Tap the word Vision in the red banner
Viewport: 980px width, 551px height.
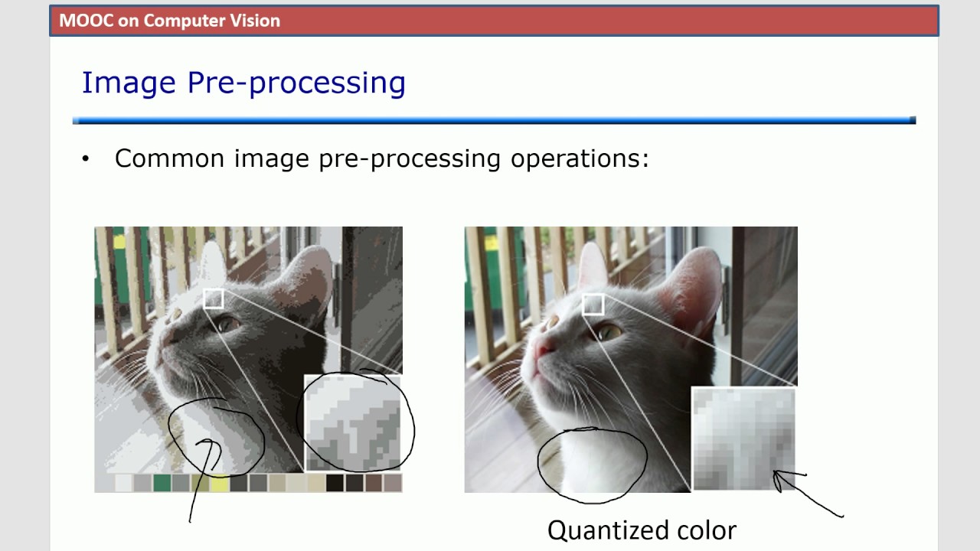click(x=256, y=21)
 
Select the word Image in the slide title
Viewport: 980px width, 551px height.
click(x=129, y=83)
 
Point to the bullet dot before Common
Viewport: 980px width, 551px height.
click(x=86, y=159)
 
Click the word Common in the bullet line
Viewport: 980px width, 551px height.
click(x=170, y=158)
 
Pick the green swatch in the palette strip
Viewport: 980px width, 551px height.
click(x=162, y=483)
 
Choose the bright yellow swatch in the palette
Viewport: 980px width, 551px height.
click(x=220, y=483)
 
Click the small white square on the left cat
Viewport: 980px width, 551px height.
click(x=214, y=298)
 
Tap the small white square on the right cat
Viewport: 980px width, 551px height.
click(x=593, y=304)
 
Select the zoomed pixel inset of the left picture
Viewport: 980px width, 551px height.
click(x=353, y=422)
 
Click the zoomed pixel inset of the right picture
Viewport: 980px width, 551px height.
click(x=743, y=439)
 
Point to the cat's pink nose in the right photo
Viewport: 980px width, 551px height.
click(x=544, y=350)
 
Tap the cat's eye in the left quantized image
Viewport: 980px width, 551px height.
click(x=227, y=324)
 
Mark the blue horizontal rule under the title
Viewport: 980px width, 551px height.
click(x=494, y=120)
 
